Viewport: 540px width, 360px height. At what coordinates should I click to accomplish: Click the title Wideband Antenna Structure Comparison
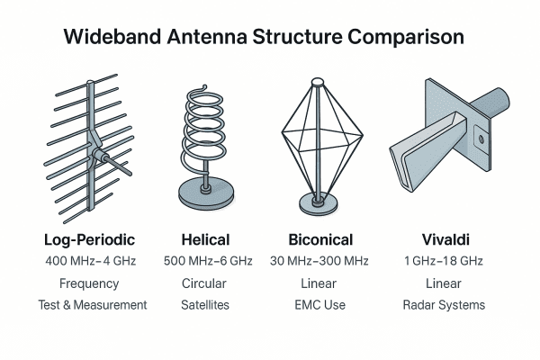coord(264,38)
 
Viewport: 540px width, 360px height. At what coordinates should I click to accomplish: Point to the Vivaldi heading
coord(444,240)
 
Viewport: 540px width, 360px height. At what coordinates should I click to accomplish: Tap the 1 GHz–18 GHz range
coord(444,261)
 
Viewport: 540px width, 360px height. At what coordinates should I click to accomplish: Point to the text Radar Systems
coord(444,305)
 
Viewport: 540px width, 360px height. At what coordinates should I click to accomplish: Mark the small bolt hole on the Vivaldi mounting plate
coord(480,139)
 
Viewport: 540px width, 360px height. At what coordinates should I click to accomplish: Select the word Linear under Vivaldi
coord(444,283)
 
